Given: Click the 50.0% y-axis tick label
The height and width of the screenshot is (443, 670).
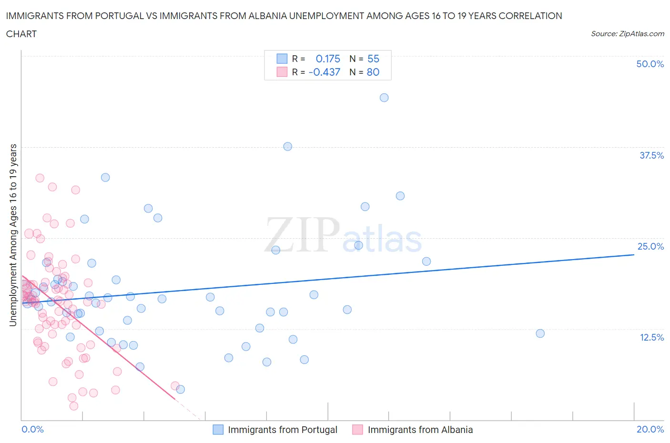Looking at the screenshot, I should coord(650,64).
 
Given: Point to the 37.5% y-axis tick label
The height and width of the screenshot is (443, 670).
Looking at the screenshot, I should coord(651,155).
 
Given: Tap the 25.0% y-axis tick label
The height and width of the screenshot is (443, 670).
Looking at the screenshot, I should coord(650,246).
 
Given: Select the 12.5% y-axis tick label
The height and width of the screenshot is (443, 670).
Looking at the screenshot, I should coord(651,337).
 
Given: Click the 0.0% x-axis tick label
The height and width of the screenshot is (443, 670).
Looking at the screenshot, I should coord(32,429).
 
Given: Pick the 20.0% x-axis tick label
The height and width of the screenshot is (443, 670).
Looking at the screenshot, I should coord(650,429).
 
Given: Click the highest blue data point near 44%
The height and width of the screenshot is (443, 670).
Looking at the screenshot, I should coord(384,98).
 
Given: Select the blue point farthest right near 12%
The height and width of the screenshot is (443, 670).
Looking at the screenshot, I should coord(540,333).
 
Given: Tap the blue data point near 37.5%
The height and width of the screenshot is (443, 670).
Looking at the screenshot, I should coord(287,146).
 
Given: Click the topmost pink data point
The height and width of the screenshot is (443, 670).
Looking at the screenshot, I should coord(40,178).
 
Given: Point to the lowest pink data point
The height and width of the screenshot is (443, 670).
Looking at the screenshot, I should coord(74,406).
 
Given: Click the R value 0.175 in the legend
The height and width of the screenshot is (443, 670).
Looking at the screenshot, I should coord(328,59).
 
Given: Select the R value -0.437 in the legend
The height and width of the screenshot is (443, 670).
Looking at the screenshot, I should coord(325,72).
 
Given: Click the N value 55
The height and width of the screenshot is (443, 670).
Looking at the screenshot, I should coord(373,59).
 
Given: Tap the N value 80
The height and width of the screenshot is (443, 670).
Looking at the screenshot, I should coord(373,72).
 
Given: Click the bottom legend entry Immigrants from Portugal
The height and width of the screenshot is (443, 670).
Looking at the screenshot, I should coord(282,430).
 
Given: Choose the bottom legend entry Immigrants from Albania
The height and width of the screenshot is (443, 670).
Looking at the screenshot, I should coord(420,430).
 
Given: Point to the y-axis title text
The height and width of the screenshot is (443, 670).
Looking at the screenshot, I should coord(13,235).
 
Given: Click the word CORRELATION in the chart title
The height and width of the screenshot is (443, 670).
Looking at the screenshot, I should coord(530,16).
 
